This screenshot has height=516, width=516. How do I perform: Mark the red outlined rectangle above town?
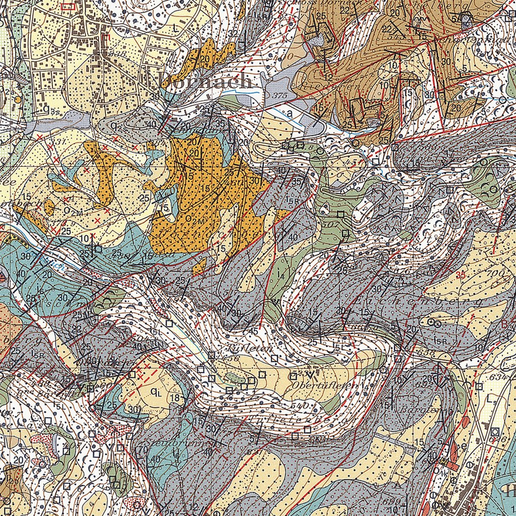tap(67, 7)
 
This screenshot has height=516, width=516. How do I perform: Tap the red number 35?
tap(460, 275)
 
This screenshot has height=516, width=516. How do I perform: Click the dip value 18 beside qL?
tap(175, 399)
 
